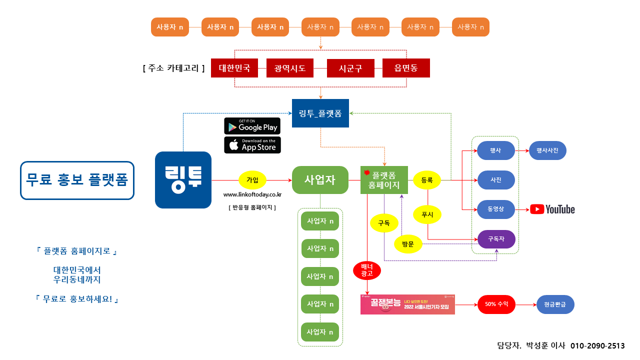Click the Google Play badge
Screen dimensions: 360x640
click(x=252, y=126)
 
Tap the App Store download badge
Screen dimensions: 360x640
click(x=252, y=145)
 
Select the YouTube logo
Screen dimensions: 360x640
click(x=552, y=209)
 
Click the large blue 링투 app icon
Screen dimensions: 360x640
click(x=183, y=180)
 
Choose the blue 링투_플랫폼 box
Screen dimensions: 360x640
click(x=320, y=113)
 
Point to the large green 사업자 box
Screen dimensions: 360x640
click(x=320, y=180)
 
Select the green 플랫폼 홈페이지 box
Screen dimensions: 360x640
click(x=384, y=180)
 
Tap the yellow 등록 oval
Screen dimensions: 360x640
click(x=427, y=180)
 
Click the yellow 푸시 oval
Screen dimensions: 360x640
click(x=427, y=214)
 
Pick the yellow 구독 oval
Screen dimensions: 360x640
click(x=383, y=223)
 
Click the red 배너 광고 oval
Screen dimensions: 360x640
click(x=367, y=270)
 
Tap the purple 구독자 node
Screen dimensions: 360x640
click(x=496, y=239)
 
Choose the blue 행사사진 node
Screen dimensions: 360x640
click(x=547, y=150)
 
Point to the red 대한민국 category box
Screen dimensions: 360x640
click(x=234, y=68)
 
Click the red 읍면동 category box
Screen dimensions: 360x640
click(x=405, y=68)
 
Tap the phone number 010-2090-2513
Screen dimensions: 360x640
click(x=597, y=345)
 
